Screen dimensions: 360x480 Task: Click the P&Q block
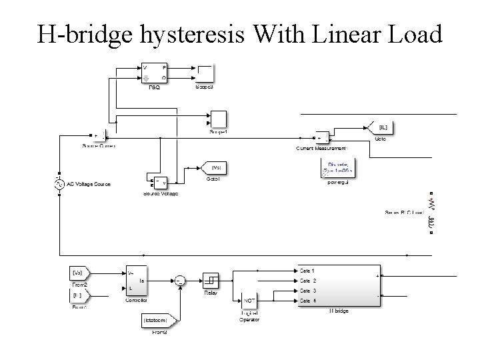coord(155,73)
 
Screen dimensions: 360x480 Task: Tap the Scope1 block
coord(219,120)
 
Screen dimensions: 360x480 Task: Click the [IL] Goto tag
coord(381,127)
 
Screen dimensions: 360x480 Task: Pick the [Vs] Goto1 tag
coord(215,167)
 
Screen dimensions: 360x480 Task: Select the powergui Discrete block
coord(338,168)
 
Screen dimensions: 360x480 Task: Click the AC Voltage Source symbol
coord(59,184)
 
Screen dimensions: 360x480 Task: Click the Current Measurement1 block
coord(323,139)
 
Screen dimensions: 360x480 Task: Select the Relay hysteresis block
coord(211,280)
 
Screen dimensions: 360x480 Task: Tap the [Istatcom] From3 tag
coord(159,321)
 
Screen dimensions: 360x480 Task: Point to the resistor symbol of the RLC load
coord(431,201)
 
